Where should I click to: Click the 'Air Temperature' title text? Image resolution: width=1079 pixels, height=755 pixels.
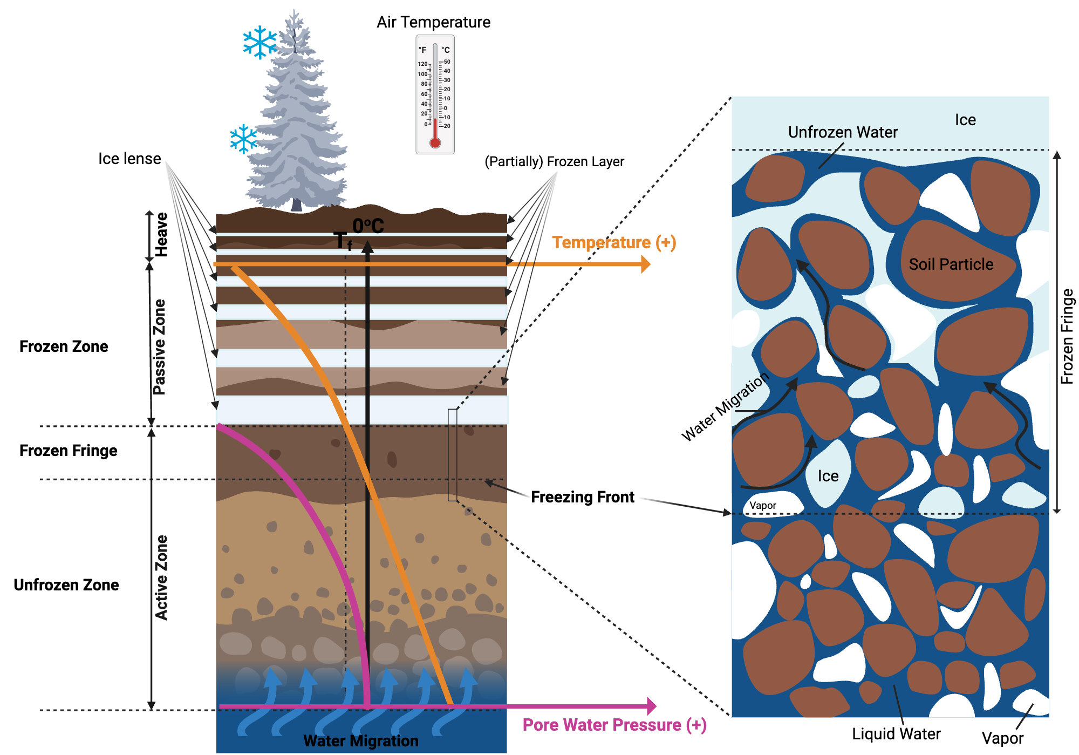coord(433,22)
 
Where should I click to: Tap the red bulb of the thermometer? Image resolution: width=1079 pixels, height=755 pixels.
coord(435,143)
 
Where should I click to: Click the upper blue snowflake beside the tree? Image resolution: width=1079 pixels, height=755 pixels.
coord(259,42)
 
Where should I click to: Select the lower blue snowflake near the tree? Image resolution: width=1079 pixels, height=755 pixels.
coord(244,139)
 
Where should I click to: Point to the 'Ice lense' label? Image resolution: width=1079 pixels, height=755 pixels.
coord(129,159)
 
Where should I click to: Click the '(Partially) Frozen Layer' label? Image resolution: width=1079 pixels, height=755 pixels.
coord(554,161)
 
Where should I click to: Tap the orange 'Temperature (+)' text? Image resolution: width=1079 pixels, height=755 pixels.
coord(613,242)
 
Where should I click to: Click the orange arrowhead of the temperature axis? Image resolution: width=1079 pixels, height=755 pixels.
coord(645,264)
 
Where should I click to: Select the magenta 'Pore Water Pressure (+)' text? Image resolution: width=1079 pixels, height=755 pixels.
coord(614,725)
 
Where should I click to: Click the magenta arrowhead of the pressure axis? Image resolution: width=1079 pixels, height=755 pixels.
coord(651,706)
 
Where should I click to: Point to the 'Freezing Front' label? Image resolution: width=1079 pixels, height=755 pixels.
coord(582,497)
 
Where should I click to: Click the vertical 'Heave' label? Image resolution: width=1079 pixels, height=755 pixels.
coord(161,235)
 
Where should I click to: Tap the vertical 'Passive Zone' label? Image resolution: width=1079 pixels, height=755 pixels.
coord(160,347)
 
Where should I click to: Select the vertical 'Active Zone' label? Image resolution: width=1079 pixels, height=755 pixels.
coord(161,577)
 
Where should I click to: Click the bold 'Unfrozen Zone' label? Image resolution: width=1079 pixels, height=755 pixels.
coord(66,585)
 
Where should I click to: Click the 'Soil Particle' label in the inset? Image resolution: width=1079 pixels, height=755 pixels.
coord(951,264)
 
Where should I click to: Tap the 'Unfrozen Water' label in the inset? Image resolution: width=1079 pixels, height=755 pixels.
coord(843,132)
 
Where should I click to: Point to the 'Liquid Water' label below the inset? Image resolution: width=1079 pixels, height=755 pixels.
coord(896,734)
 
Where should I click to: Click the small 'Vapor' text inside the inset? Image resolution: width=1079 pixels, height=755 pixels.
coord(763,506)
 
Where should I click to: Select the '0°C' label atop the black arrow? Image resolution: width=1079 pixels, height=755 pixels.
coord(368,226)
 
